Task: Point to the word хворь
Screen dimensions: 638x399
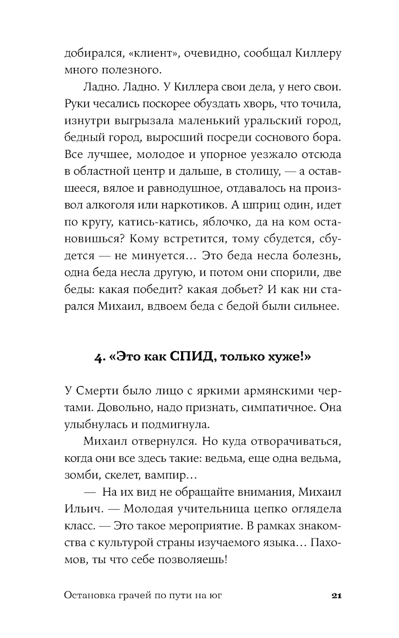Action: [x=256, y=104]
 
